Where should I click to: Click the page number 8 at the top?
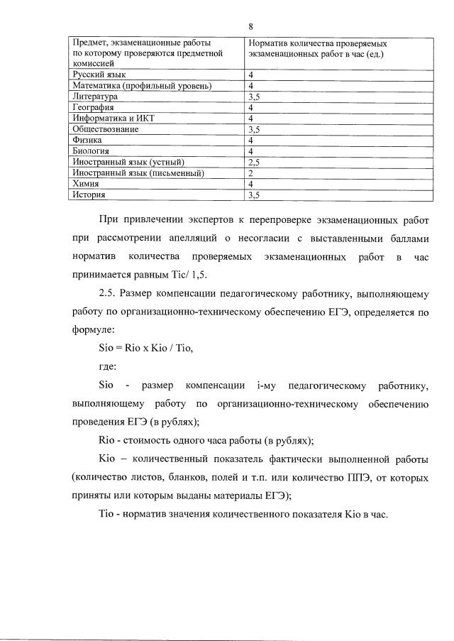coord(251,26)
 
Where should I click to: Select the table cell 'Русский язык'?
coord(99,75)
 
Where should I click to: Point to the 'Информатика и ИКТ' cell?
coord(109,118)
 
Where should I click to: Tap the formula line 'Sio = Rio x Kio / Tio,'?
coord(145,349)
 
